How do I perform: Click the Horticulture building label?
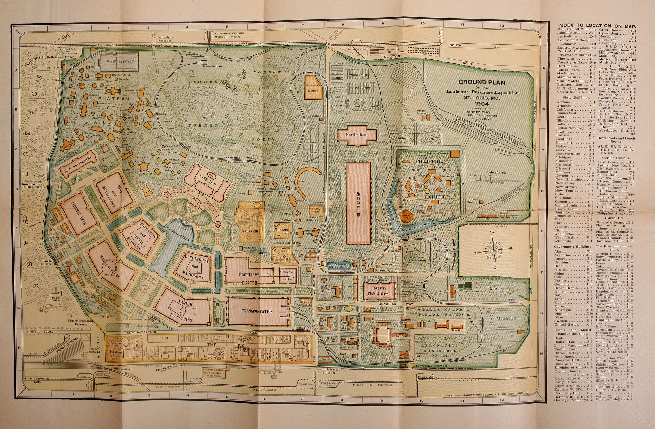[x=357, y=135]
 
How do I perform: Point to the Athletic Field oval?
[x=508, y=318]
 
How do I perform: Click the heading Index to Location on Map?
[x=596, y=26]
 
